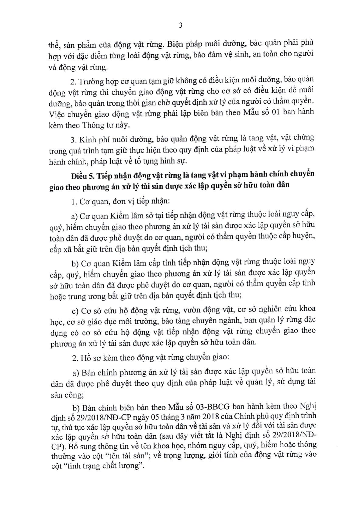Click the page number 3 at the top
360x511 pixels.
181,26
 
